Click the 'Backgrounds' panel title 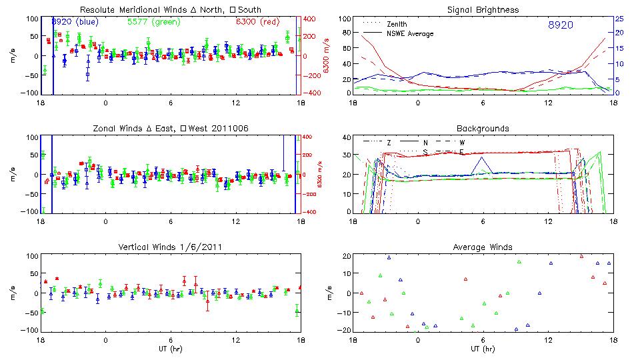pyautogui.click(x=483, y=128)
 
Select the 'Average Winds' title pyautogui.click(x=483, y=247)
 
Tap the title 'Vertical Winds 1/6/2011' pyautogui.click(x=170, y=247)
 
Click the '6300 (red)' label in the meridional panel pyautogui.click(x=257, y=22)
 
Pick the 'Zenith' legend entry pyautogui.click(x=397, y=24)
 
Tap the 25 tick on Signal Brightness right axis pyautogui.click(x=619, y=19)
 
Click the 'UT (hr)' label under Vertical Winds pyautogui.click(x=170, y=349)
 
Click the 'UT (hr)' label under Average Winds pyautogui.click(x=483, y=349)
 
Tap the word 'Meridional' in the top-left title pyautogui.click(x=139, y=10)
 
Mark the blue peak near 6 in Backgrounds pyautogui.click(x=480, y=158)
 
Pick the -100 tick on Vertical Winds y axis pyautogui.click(x=30, y=330)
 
